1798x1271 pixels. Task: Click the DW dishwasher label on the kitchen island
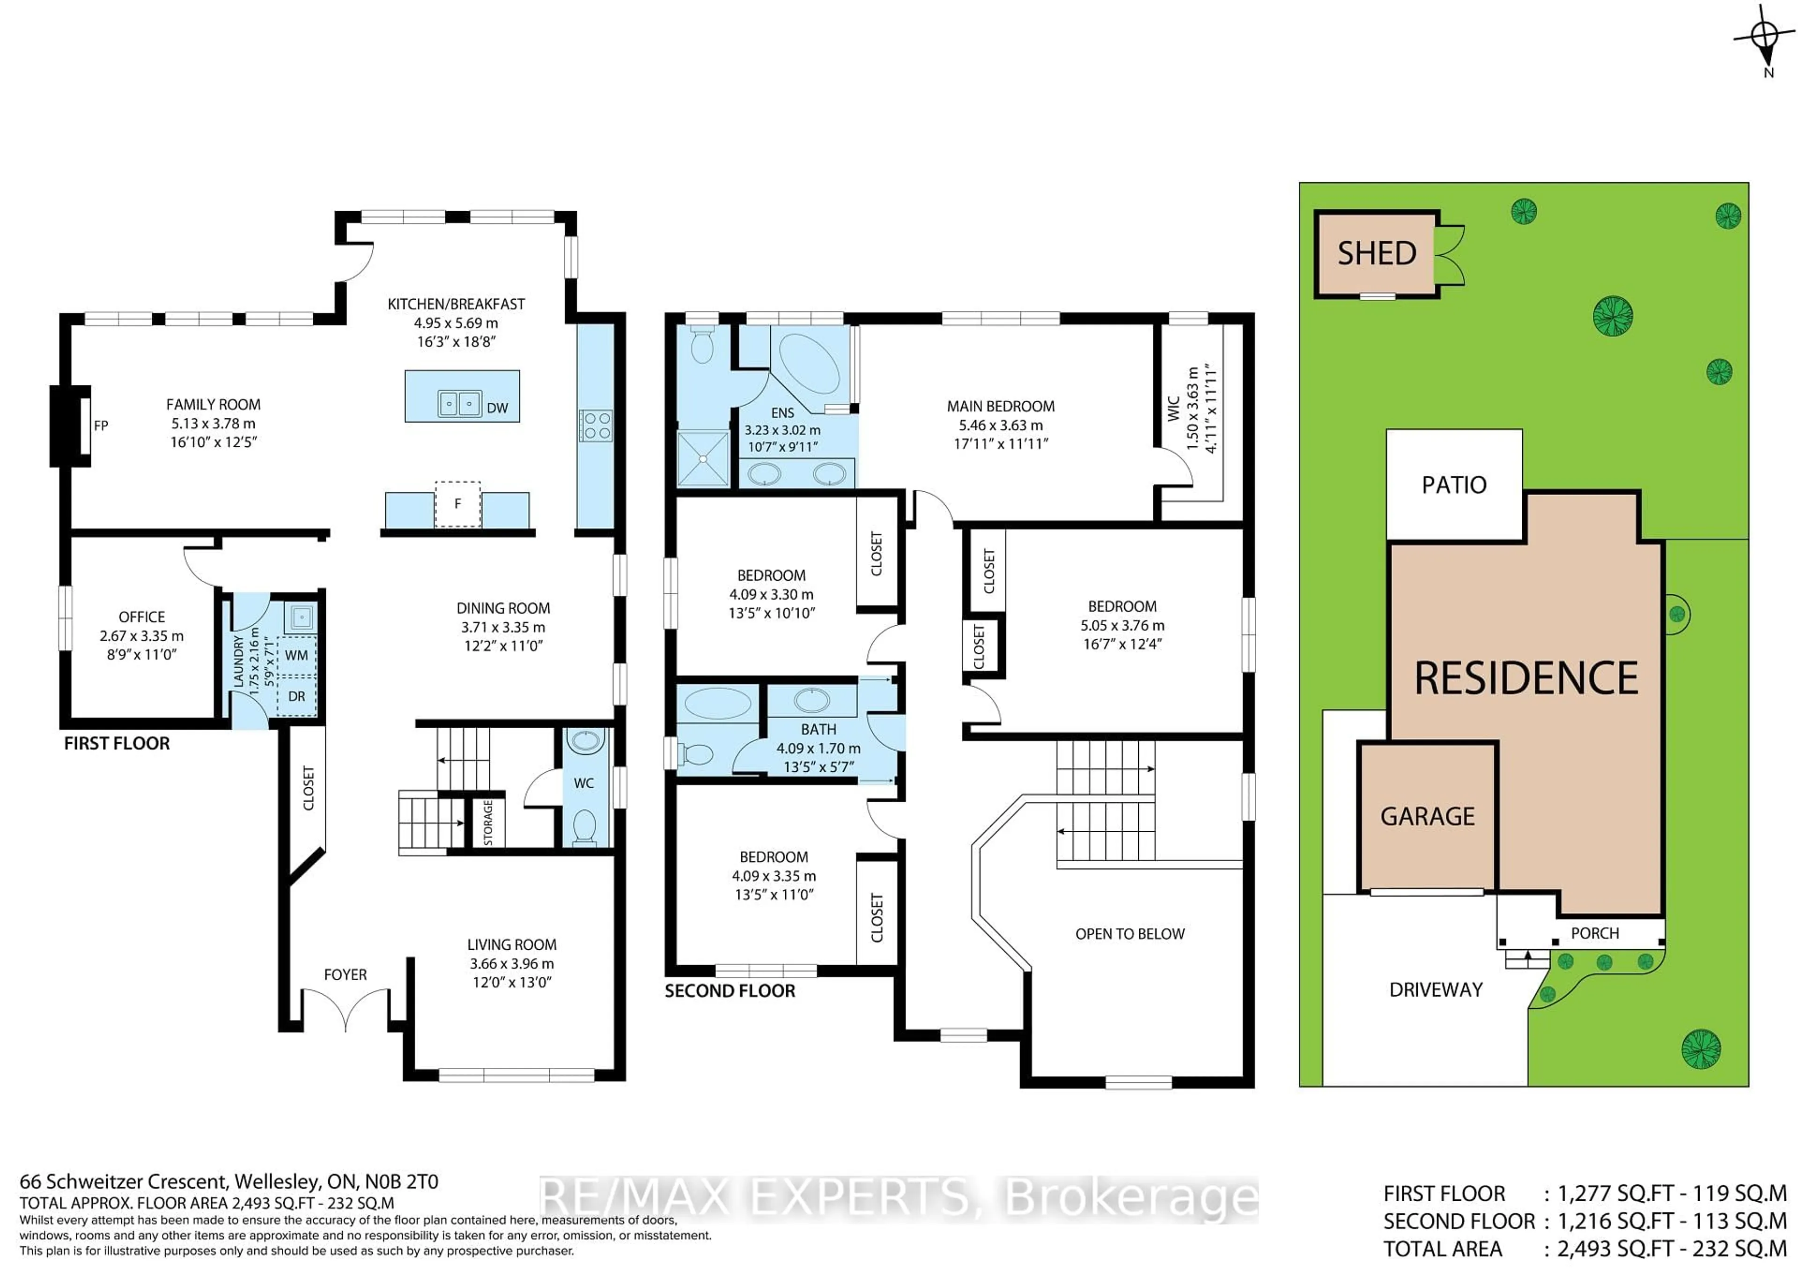click(x=497, y=408)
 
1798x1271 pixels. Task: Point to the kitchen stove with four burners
click(x=596, y=427)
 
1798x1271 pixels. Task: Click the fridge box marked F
click(x=457, y=503)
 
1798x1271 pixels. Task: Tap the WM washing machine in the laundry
click(x=296, y=655)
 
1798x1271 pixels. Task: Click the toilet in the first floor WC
click(x=584, y=826)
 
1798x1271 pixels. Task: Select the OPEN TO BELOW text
click(x=1129, y=933)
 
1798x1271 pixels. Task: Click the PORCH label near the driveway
click(x=1594, y=933)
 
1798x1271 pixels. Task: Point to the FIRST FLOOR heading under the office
click(x=117, y=743)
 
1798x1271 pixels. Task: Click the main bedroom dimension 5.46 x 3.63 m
click(x=1001, y=425)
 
